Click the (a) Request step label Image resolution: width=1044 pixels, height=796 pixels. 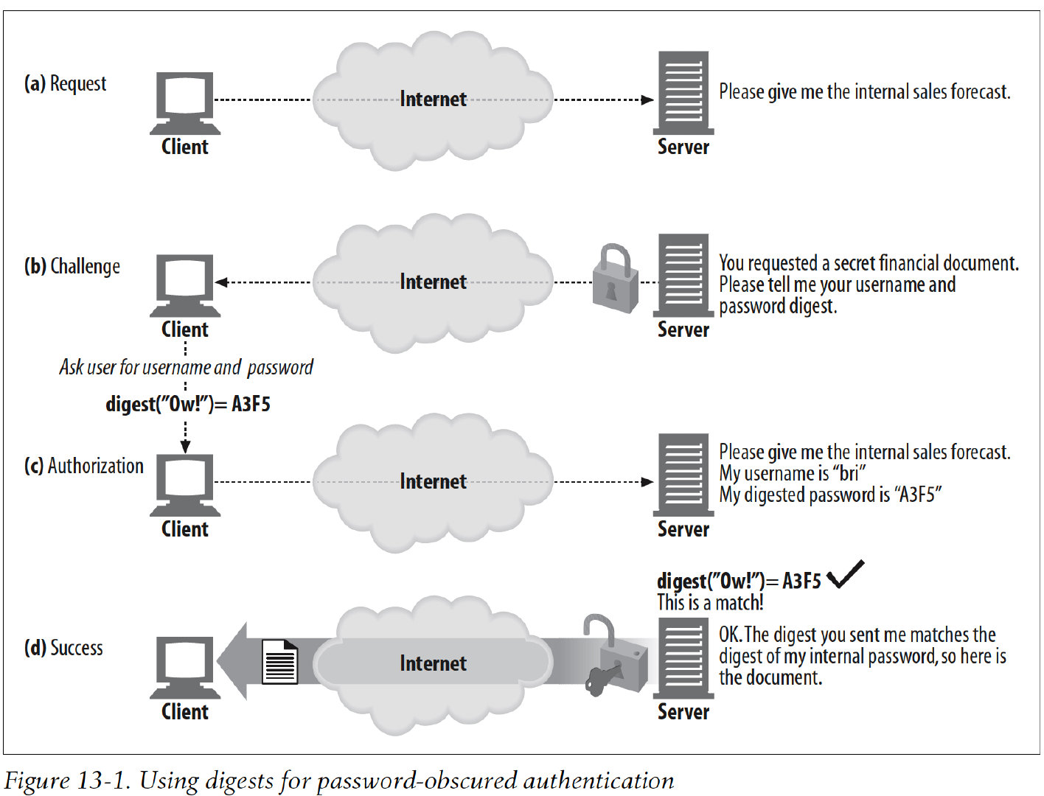point(65,84)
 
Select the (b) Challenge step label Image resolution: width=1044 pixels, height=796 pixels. point(72,266)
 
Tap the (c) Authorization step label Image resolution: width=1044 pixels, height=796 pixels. point(83,466)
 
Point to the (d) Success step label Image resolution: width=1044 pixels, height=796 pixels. point(63,648)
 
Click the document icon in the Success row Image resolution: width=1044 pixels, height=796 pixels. point(280,661)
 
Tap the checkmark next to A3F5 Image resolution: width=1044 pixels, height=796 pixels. point(845,574)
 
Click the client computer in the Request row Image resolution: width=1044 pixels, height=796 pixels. point(185,102)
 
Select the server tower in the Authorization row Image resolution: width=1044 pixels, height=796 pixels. point(683,475)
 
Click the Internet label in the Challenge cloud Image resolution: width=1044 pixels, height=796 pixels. point(433,282)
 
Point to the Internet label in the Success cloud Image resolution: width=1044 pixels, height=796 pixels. point(433,663)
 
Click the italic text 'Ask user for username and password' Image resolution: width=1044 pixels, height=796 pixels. point(186,367)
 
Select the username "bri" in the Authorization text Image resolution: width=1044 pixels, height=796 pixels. point(849,473)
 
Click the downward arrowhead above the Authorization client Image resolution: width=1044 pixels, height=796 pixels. point(185,446)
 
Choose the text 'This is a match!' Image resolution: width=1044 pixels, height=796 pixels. point(710,603)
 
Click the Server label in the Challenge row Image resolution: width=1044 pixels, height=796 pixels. point(683,329)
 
